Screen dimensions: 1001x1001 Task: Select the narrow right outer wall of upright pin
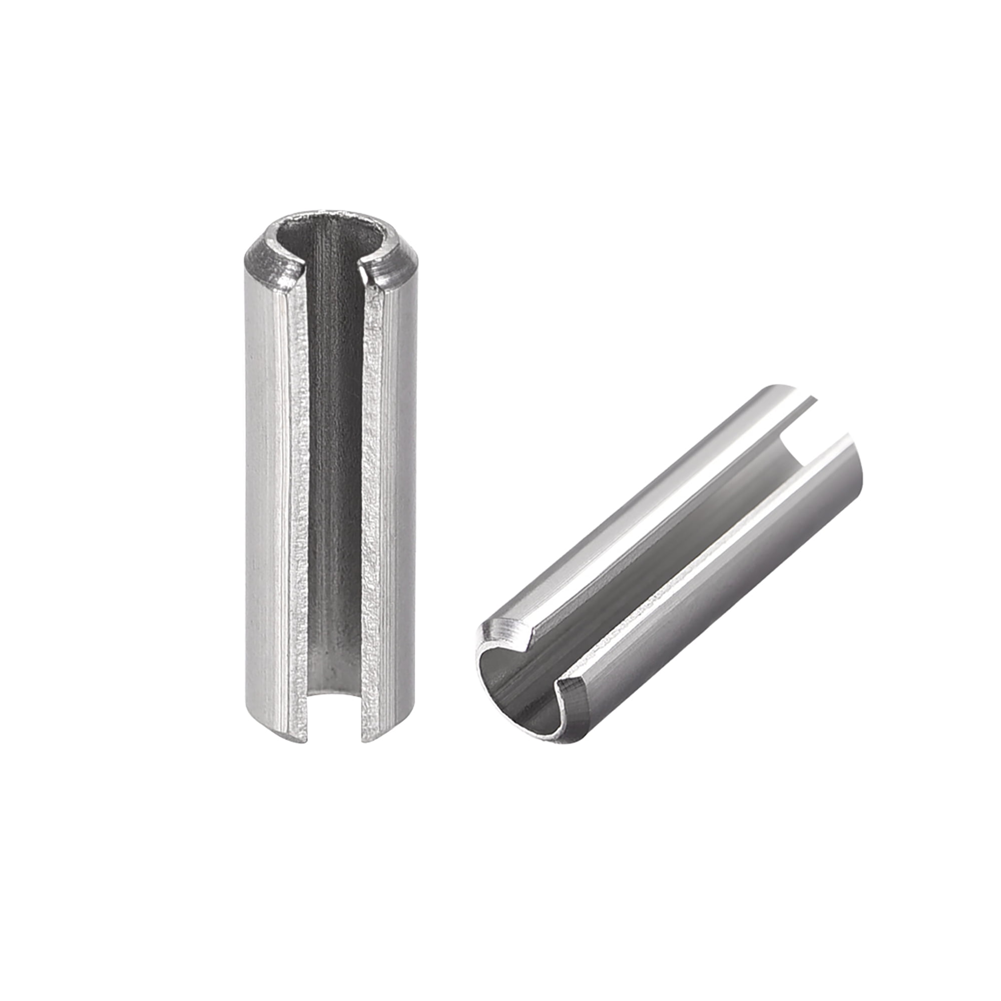[x=404, y=492]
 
